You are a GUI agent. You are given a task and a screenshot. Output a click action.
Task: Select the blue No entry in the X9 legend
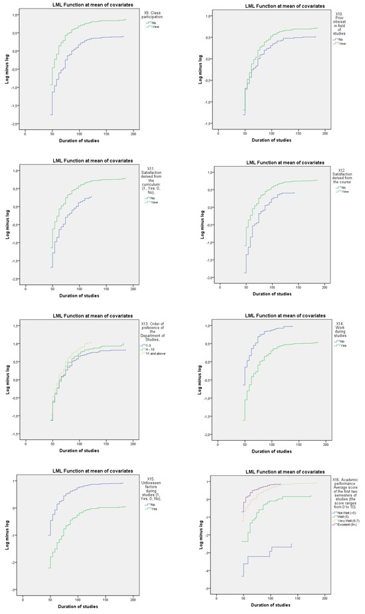[151, 21]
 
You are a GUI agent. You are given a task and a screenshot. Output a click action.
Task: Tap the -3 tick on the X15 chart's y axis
[17, 590]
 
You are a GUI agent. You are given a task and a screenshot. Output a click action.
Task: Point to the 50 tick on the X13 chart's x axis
[52, 444]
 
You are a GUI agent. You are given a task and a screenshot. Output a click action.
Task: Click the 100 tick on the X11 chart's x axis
[79, 287]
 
